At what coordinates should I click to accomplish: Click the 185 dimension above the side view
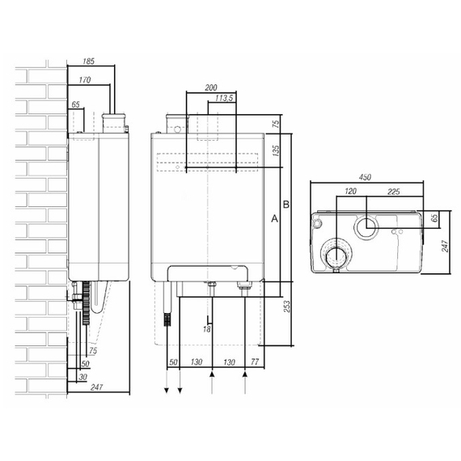(x=88, y=61)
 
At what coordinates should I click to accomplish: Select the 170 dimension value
(x=85, y=80)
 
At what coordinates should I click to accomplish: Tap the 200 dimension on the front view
(x=211, y=87)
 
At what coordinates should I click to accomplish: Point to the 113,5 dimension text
(x=224, y=98)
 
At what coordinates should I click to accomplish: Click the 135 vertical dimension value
(x=276, y=150)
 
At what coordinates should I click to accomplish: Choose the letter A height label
(x=274, y=218)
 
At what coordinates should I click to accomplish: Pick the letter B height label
(x=286, y=205)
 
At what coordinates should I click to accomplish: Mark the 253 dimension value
(x=287, y=307)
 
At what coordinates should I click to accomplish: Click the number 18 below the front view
(x=207, y=329)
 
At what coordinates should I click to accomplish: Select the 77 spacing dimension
(x=254, y=362)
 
